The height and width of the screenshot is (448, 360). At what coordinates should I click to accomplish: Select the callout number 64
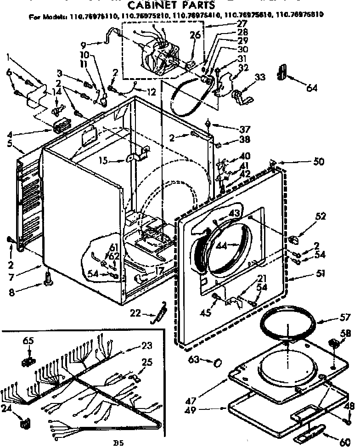312,88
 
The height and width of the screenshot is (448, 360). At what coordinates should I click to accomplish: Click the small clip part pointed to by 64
282,71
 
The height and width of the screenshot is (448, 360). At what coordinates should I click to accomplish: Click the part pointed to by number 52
293,239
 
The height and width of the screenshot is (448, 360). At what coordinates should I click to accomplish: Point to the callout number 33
260,77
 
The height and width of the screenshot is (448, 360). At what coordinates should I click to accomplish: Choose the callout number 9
83,45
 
